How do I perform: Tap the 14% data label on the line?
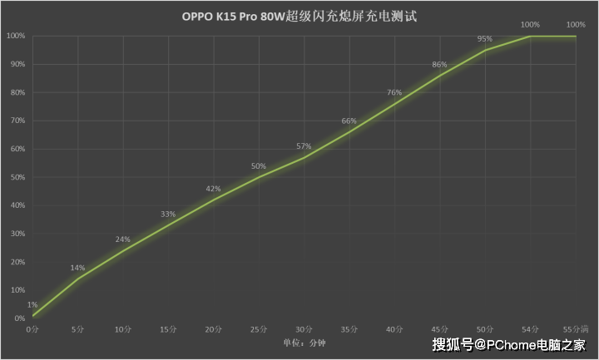click(77, 268)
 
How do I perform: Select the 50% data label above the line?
click(259, 166)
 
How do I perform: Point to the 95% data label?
click(485, 38)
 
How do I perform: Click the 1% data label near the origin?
click(32, 305)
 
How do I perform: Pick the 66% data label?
click(349, 121)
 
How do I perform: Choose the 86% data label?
click(440, 65)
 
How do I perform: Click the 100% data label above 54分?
click(530, 24)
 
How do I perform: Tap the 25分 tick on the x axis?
click(259, 329)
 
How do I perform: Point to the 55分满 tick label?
click(576, 329)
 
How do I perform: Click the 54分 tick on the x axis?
click(530, 329)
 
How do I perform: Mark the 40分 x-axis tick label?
click(394, 329)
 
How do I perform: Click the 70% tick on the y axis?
click(17, 121)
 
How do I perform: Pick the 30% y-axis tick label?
click(17, 234)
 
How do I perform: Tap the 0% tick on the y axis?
click(18, 318)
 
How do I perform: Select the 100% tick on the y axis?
click(15, 36)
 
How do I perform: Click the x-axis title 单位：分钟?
click(304, 343)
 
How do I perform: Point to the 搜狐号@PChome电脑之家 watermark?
click(509, 343)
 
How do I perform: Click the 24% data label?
click(122, 239)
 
